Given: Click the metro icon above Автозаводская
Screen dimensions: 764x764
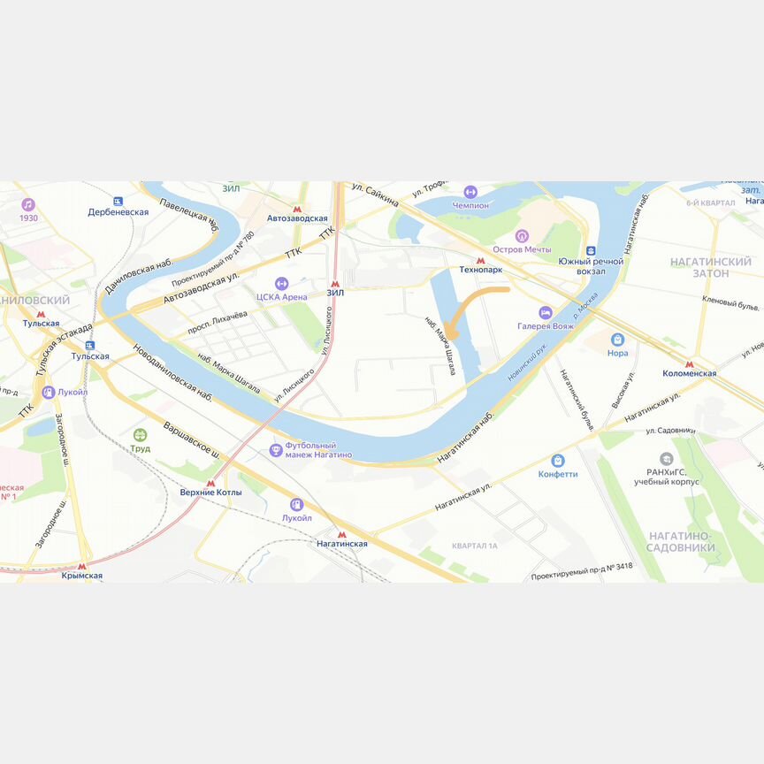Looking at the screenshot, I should (298, 208).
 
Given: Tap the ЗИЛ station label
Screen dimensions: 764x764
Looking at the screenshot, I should (334, 292).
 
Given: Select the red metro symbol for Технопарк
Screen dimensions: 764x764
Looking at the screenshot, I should (480, 260).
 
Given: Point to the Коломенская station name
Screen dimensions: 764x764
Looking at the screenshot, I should (689, 373).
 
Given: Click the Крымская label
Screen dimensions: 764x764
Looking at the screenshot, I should (82, 576).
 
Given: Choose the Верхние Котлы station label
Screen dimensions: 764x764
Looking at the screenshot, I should (210, 492).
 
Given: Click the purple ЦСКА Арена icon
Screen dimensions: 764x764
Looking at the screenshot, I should (281, 284).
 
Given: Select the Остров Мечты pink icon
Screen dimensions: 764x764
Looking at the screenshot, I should (522, 236).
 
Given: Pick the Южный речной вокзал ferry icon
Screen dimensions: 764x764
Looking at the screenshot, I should (591, 251).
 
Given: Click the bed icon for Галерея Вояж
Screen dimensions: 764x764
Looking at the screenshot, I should (546, 313).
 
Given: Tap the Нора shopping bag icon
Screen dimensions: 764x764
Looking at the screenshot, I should (617, 340).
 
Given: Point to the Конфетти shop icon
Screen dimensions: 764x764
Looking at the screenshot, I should (558, 461).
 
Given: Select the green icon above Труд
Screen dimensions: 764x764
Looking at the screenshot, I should (140, 434).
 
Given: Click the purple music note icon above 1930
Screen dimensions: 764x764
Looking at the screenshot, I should (28, 204).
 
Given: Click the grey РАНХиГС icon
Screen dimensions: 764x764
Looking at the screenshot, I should (666, 459).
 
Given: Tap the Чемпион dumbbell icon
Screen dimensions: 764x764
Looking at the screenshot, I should (470, 192).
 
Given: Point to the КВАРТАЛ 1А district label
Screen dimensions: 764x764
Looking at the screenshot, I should (475, 546).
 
